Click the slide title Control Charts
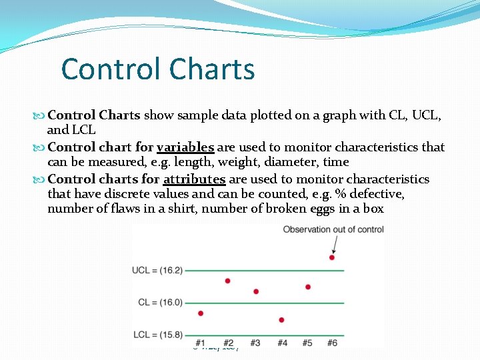pyautogui.click(x=157, y=69)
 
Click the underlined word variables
pyautogui.click(x=185, y=147)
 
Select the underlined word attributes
pyautogui.click(x=194, y=179)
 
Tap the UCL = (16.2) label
pyautogui.click(x=157, y=270)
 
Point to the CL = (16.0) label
pyautogui.click(x=160, y=302)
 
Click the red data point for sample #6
pyautogui.click(x=332, y=257)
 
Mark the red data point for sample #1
pyautogui.click(x=200, y=313)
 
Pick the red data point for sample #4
pyautogui.click(x=282, y=320)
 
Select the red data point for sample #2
pyautogui.click(x=227, y=281)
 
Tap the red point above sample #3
pyautogui.click(x=256, y=291)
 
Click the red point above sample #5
pyautogui.click(x=307, y=287)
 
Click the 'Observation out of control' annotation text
pyautogui.click(x=333, y=229)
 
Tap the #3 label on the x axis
pyautogui.click(x=255, y=343)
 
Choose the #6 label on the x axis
pyautogui.click(x=332, y=343)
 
